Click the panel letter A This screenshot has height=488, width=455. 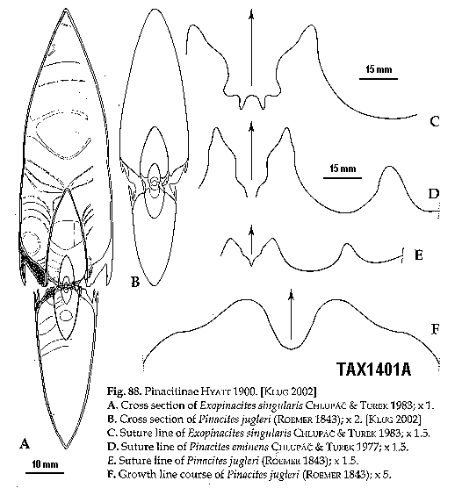click(25, 443)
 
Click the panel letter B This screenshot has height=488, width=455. click(135, 282)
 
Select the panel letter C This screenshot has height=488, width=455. click(435, 121)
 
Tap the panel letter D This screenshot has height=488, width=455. click(434, 194)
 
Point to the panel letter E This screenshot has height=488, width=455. click(419, 255)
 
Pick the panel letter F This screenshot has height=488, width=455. click(435, 328)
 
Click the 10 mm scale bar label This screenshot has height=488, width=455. click(45, 464)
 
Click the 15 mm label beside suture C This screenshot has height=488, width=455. click(379, 68)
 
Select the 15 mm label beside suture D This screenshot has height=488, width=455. click(343, 169)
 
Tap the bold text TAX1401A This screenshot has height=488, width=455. click(373, 370)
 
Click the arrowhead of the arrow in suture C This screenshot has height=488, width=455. click(251, 14)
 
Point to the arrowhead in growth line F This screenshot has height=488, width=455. click(292, 294)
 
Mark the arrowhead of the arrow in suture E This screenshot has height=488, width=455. click(251, 230)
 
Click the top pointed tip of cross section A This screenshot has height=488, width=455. click(66, 10)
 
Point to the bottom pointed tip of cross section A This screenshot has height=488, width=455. click(66, 448)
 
